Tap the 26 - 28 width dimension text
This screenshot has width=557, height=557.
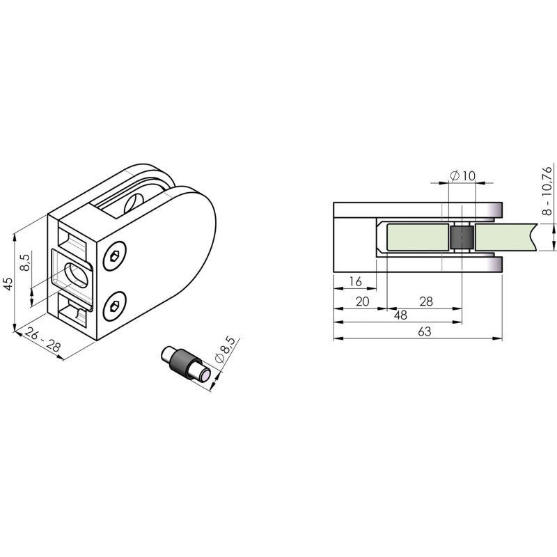pyautogui.click(x=42, y=340)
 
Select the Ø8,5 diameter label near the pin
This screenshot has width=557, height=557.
pyautogui.click(x=225, y=350)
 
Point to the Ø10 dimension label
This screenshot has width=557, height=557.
pyautogui.click(x=462, y=175)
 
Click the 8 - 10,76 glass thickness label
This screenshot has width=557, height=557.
pyautogui.click(x=548, y=191)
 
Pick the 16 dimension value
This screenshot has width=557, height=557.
pyautogui.click(x=355, y=282)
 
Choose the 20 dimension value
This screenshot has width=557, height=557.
pyautogui.click(x=362, y=301)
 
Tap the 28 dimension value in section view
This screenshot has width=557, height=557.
pyautogui.click(x=426, y=301)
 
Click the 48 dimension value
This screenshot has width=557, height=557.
pyautogui.click(x=401, y=315)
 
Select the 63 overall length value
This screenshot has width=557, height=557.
pyautogui.click(x=425, y=331)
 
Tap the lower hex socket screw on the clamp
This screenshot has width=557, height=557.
pyautogui.click(x=114, y=306)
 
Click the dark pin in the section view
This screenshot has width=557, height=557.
pyautogui.click(x=462, y=237)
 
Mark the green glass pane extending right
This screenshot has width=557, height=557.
pyautogui.click(x=505, y=237)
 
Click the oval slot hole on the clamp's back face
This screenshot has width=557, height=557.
pyautogui.click(x=76, y=276)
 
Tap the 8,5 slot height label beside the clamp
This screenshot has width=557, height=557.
pyautogui.click(x=25, y=262)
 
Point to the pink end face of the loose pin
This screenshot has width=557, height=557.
pyautogui.click(x=205, y=375)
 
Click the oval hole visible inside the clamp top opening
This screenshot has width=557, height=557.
pyautogui.click(x=134, y=204)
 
